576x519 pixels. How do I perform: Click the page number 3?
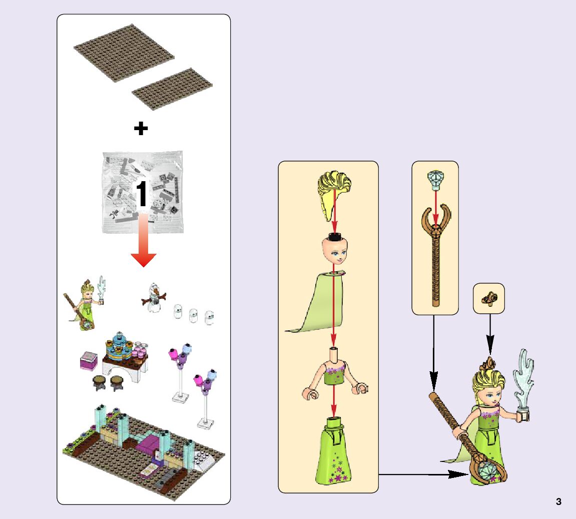558,502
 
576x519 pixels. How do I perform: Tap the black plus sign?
141,129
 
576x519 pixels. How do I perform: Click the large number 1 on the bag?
142,194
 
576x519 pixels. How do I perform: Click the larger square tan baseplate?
124,52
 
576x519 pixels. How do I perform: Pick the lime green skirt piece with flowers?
333,452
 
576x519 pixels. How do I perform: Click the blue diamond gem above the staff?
434,180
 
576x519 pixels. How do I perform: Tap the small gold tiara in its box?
488,299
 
